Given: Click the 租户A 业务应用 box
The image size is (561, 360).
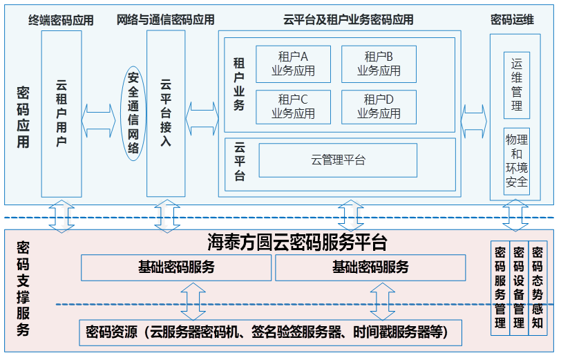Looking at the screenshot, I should pos(293,64).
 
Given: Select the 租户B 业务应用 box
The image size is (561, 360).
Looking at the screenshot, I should pos(379,64).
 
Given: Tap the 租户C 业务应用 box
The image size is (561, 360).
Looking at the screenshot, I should pos(293,106).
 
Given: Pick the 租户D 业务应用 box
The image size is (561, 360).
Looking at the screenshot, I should pos(379,106).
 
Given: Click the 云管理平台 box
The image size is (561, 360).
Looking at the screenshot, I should pos(338,160).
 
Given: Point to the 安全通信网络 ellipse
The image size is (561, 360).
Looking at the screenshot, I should pos(133,113).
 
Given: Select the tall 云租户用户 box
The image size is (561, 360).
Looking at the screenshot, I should pos(61,113).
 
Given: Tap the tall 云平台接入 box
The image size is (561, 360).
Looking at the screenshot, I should pos(166,113).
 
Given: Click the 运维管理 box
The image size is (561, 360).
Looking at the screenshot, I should pos(517,84).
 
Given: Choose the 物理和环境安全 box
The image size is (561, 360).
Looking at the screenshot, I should pos(517,160).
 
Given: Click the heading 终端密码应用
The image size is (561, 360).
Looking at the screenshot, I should pos(61,20).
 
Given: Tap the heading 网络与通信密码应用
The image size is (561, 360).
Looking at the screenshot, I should pos(166,20).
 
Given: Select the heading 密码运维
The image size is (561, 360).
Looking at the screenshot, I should pos(512,20).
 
